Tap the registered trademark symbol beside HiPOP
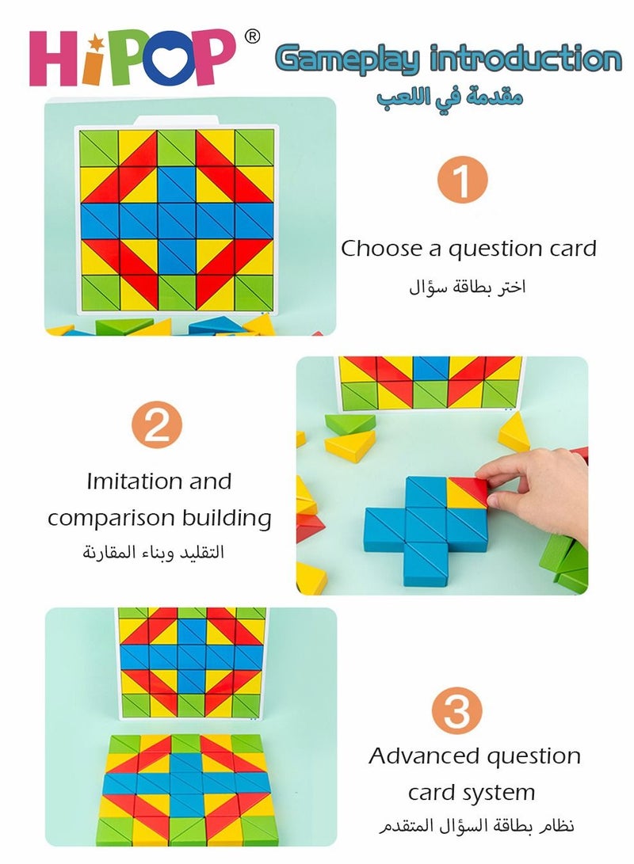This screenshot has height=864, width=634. click(251, 36)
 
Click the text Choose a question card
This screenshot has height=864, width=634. click(468, 249)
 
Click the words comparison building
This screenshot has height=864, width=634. click(158, 519)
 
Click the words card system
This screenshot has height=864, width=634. click(472, 792)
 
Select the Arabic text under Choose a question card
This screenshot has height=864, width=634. click(468, 287)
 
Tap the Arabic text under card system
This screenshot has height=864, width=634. click(472, 827)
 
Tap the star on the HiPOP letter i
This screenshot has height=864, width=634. click(96, 40)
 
